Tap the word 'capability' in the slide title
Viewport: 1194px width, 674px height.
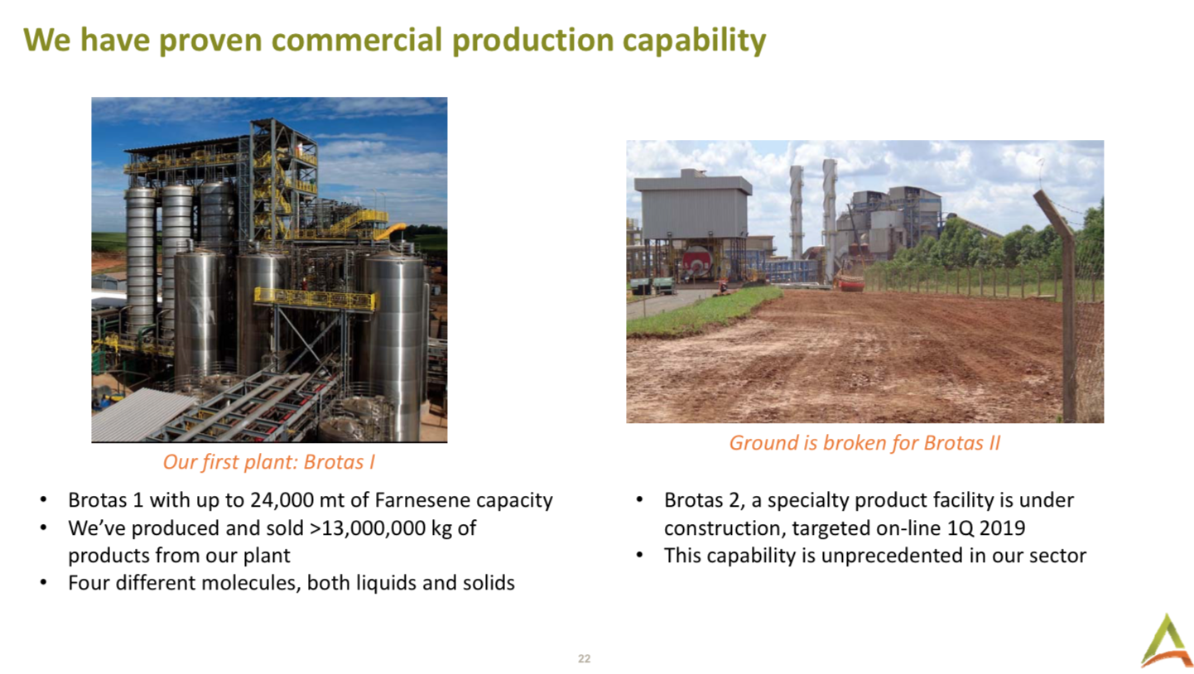[694, 41]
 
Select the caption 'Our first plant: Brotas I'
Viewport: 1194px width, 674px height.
[268, 462]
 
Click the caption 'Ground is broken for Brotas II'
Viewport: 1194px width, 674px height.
[864, 443]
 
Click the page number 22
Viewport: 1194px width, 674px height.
[585, 658]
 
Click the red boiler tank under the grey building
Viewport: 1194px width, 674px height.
[698, 261]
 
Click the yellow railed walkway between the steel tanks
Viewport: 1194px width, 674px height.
[315, 299]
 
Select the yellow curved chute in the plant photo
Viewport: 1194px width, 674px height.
[392, 230]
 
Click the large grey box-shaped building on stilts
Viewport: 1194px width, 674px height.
[693, 208]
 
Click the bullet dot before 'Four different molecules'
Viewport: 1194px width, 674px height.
[44, 584]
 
